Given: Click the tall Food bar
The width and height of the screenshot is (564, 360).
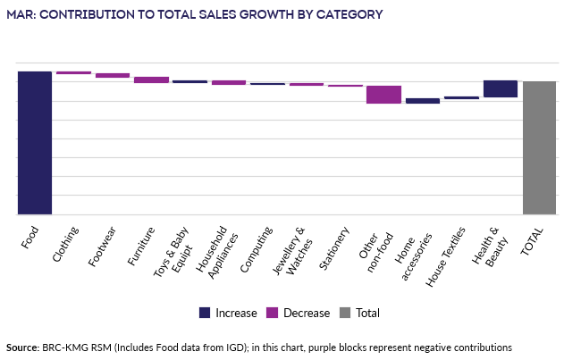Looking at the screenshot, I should pyautogui.click(x=34, y=143).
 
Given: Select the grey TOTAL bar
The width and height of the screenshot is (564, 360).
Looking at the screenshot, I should pyautogui.click(x=539, y=147).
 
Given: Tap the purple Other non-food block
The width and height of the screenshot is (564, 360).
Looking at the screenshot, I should pyautogui.click(x=383, y=94).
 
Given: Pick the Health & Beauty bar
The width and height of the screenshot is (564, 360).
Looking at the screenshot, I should pyautogui.click(x=500, y=88).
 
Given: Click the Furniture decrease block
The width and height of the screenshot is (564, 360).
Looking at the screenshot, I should pyautogui.click(x=151, y=80).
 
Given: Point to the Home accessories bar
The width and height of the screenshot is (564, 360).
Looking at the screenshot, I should pyautogui.click(x=422, y=101).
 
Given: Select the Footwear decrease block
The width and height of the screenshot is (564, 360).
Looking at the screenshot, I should pyautogui.click(x=113, y=75).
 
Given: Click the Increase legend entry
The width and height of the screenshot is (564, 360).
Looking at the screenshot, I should pyautogui.click(x=228, y=313).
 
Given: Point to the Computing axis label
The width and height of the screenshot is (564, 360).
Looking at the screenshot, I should pyautogui.click(x=261, y=246).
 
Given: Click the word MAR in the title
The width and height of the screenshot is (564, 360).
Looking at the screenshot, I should pyautogui.click(x=21, y=14).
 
